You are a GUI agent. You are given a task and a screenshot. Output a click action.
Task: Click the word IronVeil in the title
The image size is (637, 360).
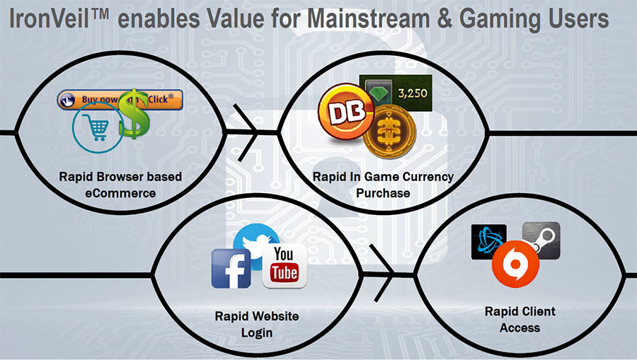(x=49, y=18)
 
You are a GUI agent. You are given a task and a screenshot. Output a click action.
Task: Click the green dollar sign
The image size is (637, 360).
(x=134, y=114)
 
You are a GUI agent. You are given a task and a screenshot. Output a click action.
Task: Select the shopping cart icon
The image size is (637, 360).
(x=98, y=127)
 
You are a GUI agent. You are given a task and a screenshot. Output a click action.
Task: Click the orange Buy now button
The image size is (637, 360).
(x=120, y=100)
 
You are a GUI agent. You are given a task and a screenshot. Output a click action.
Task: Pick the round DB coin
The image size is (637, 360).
(x=346, y=112)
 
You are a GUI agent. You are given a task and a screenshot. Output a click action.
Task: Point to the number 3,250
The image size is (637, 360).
(x=413, y=93)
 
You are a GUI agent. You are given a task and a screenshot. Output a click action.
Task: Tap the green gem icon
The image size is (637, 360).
(x=379, y=93)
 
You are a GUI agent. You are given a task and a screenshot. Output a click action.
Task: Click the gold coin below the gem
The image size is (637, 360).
(x=389, y=132)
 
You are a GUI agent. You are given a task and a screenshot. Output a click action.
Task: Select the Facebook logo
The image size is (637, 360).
(x=231, y=269)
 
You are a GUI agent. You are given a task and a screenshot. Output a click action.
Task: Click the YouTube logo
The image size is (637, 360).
(x=285, y=266)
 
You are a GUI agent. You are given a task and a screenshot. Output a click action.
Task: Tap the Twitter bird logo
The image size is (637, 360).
(x=257, y=241)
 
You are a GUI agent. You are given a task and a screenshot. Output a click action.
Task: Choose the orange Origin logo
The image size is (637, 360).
(x=515, y=264)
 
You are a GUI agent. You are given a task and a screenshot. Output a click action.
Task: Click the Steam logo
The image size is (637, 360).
(x=541, y=240)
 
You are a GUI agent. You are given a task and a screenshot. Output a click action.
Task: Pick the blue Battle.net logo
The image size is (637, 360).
(x=488, y=242)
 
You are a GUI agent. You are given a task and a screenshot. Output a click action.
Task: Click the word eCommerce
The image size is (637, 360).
(x=120, y=193)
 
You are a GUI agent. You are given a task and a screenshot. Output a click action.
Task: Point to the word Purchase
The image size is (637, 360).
(x=383, y=193)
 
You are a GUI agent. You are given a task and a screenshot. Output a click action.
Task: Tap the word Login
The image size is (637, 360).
(x=257, y=333)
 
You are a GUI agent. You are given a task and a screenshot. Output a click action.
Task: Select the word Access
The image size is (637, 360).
(x=520, y=328)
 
